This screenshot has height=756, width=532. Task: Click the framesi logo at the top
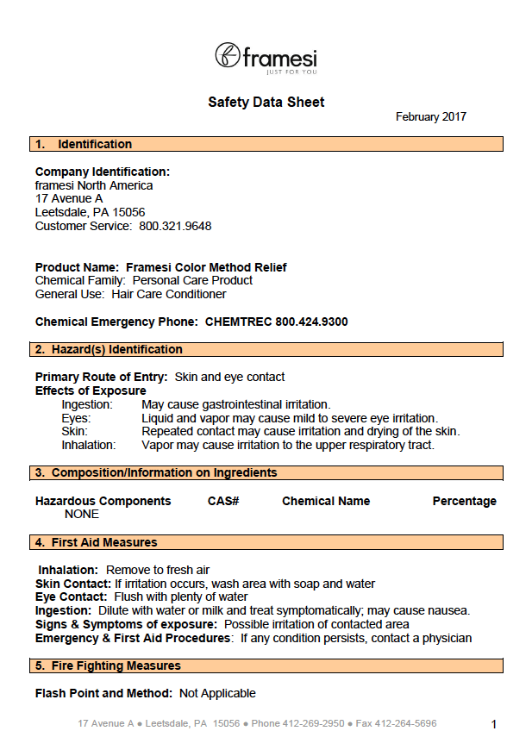click(x=266, y=58)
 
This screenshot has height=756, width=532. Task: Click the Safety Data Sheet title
click(x=266, y=103)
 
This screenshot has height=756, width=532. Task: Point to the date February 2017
click(x=430, y=117)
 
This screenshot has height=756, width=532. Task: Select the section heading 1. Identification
click(x=84, y=144)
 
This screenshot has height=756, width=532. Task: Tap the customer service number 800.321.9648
click(x=175, y=227)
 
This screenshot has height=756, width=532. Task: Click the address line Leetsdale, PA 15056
click(x=90, y=212)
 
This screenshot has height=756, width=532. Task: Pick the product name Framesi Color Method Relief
click(x=206, y=267)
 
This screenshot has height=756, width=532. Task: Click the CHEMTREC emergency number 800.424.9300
click(x=311, y=322)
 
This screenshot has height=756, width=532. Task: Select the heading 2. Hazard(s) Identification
click(x=109, y=349)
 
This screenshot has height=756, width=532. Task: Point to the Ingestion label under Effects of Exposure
click(x=87, y=404)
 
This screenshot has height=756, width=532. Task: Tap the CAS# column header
click(x=223, y=501)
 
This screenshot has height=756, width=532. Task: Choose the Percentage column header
click(x=464, y=501)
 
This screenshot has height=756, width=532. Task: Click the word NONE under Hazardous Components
click(x=82, y=514)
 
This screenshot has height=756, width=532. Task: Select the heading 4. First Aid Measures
click(x=97, y=542)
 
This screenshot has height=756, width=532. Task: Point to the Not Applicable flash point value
click(x=217, y=693)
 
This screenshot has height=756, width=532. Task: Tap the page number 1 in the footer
click(x=494, y=724)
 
